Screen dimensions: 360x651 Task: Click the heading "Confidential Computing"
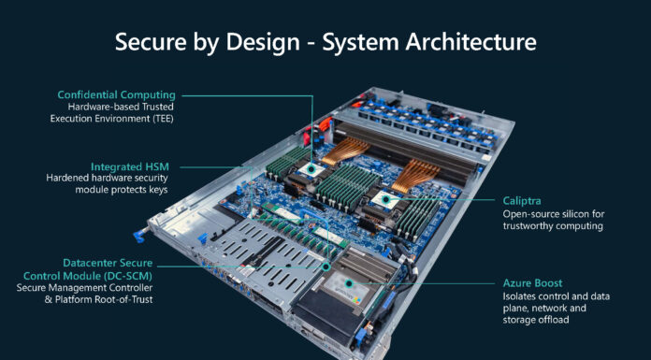click(x=116, y=94)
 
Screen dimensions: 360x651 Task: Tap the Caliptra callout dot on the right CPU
click(x=386, y=199)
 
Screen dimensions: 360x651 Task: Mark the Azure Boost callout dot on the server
click(x=350, y=281)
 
